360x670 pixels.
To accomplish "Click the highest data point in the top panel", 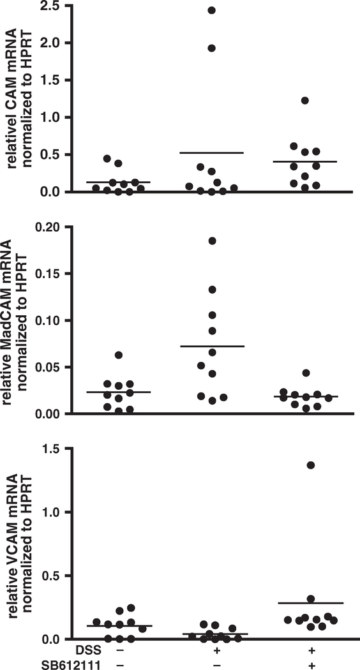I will pos(211,10).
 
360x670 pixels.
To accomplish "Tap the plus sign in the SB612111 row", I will pos(311,664).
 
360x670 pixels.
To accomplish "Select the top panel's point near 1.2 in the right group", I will pos(305,101).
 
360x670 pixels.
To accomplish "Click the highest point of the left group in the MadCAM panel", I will pos(118,355).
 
